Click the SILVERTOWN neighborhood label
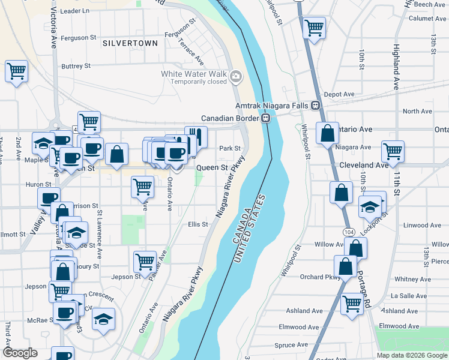(x=130, y=43)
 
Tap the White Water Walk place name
(x=193, y=74)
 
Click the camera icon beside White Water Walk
(x=236, y=76)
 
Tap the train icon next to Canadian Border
(x=265, y=118)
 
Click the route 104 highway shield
(x=348, y=231)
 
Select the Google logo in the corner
(x=20, y=353)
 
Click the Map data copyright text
(x=411, y=355)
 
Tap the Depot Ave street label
(x=339, y=94)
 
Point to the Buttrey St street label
(x=76, y=66)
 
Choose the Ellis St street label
(x=197, y=224)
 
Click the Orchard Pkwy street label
(x=320, y=277)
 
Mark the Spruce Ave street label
(x=291, y=345)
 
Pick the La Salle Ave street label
(x=408, y=296)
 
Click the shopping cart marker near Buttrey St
(x=16, y=71)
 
